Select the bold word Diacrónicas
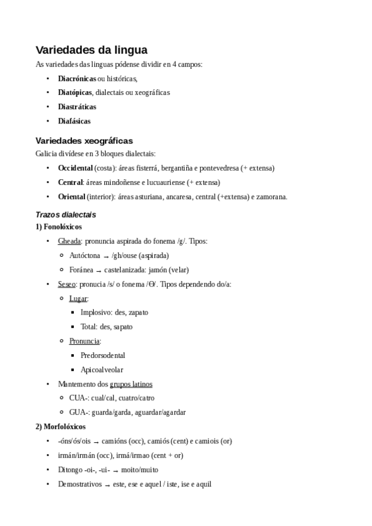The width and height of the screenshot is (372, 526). pyautogui.click(x=77, y=79)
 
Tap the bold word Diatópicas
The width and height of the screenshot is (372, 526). pyautogui.click(x=75, y=92)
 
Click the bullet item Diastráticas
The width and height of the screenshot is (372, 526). pyautogui.click(x=77, y=107)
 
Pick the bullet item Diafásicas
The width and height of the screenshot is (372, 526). pyautogui.click(x=74, y=121)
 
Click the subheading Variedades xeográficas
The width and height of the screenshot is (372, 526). pyautogui.click(x=84, y=140)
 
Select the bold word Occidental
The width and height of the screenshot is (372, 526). pyautogui.click(x=75, y=168)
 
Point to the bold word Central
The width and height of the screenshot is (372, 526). pyautogui.click(x=70, y=182)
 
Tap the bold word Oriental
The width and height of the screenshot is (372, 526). pyautogui.click(x=71, y=197)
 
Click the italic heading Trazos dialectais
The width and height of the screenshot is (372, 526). pyautogui.click(x=66, y=215)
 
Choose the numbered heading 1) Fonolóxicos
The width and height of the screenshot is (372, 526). pyautogui.click(x=59, y=227)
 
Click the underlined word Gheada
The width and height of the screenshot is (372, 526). pyautogui.click(x=69, y=241)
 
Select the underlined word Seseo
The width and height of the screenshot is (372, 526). pyautogui.click(x=66, y=283)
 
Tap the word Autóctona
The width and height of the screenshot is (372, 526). pyautogui.click(x=85, y=255)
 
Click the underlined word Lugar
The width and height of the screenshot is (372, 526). pyautogui.click(x=78, y=298)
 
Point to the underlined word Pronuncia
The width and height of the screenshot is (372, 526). pyautogui.click(x=84, y=341)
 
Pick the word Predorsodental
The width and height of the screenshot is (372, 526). pyautogui.click(x=102, y=355)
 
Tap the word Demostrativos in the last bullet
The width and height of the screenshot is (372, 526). pyautogui.click(x=79, y=484)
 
